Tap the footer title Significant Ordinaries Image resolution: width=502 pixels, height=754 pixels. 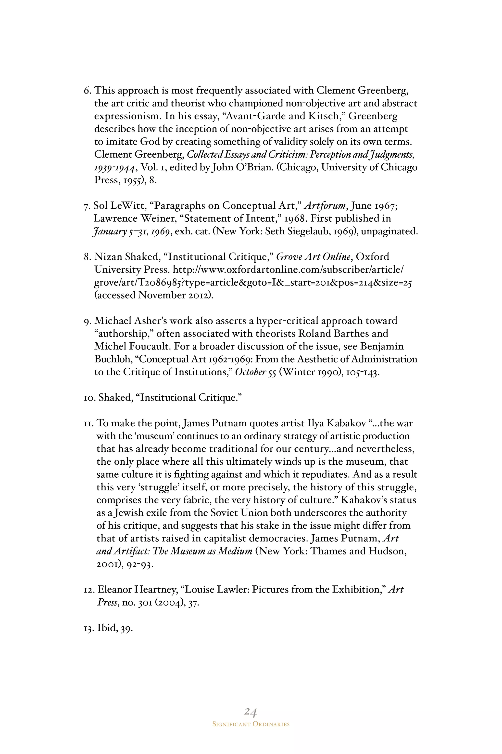pyautogui.click(x=251, y=724)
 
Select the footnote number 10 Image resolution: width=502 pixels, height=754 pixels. pyautogui.click(x=89, y=398)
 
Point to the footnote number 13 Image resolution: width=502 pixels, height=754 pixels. pyautogui.click(x=89, y=628)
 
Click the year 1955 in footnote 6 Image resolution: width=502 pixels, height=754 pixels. pyautogui.click(x=134, y=180)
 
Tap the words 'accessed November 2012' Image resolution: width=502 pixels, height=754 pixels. pyautogui.click(x=154, y=295)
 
